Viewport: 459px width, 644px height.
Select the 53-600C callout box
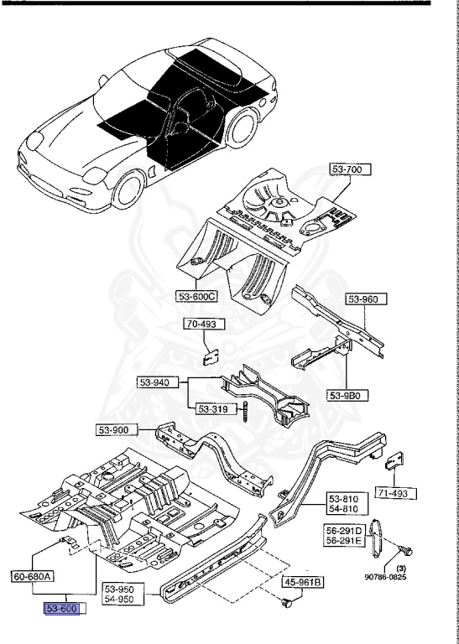pyautogui.click(x=197, y=296)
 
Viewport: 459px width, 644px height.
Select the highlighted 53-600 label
pyautogui.click(x=60, y=609)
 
